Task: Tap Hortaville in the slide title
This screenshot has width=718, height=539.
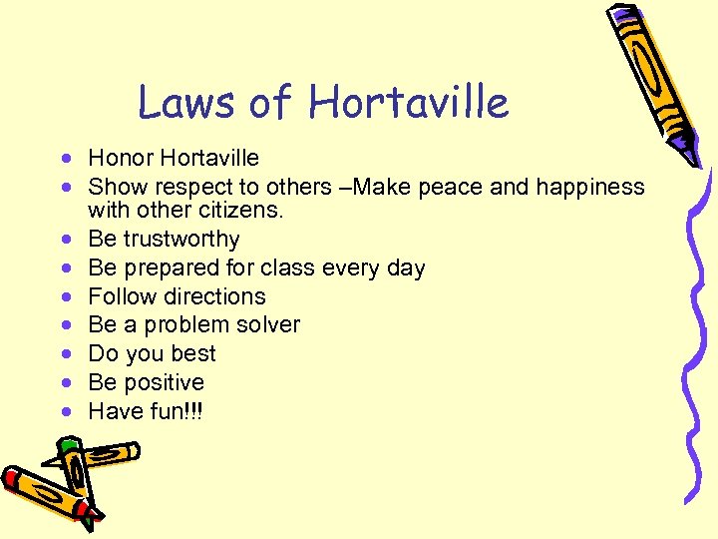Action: [408, 101]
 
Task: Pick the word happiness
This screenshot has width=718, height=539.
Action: [590, 187]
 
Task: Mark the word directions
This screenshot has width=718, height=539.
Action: [215, 296]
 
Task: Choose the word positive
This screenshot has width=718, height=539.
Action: [162, 382]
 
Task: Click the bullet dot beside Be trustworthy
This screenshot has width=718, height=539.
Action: [65, 241]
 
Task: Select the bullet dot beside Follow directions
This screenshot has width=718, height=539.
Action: [65, 297]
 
